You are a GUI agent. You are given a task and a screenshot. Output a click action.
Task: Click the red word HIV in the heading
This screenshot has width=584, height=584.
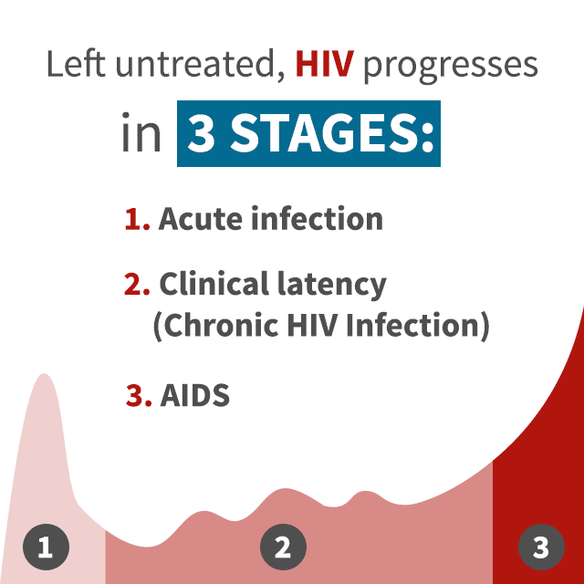(325, 64)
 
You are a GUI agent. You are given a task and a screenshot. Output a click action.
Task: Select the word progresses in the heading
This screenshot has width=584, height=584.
(450, 67)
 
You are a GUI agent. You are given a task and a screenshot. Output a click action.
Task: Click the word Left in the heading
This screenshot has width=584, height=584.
(76, 63)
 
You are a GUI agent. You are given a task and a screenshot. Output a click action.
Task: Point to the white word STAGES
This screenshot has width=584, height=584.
(332, 133)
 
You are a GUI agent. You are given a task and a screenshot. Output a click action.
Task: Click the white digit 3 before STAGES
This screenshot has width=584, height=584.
(201, 133)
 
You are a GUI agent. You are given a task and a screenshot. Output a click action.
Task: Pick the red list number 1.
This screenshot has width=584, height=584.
(137, 219)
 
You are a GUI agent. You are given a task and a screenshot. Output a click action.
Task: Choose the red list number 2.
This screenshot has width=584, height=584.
(137, 284)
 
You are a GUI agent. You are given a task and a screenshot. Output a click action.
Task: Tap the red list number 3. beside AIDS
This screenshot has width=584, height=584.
(139, 395)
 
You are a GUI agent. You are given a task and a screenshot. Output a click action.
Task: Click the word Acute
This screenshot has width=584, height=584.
(201, 219)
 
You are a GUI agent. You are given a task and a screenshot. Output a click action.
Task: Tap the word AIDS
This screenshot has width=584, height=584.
(194, 395)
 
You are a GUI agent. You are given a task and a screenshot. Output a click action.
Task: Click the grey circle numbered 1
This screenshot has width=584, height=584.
(46, 547)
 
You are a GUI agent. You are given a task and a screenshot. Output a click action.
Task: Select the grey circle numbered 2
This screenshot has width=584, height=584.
(283, 547)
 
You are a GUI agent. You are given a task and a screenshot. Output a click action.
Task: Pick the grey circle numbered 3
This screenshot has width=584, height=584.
(541, 547)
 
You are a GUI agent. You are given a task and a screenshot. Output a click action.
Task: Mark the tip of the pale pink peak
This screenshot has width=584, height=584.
(44, 373)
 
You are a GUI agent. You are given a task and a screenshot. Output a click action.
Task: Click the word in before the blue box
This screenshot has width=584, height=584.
(141, 132)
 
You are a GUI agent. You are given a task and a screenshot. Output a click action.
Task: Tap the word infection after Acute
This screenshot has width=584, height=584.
(317, 218)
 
